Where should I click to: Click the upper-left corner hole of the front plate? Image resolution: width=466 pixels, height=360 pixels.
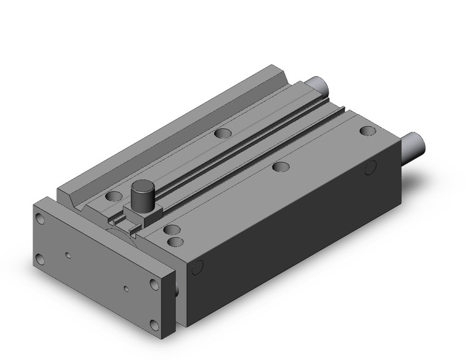(41, 220)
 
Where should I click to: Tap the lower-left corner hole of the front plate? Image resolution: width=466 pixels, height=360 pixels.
(41, 258)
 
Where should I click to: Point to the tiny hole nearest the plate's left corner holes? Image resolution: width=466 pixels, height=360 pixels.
(69, 254)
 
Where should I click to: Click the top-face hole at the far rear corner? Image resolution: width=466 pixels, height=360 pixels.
(367, 131)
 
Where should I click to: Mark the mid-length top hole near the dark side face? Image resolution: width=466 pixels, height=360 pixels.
(281, 166)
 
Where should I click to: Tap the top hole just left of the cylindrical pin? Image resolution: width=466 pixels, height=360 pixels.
(114, 197)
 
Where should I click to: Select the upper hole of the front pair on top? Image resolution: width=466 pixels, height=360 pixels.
(172, 230)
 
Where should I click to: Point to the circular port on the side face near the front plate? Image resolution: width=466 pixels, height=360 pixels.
(197, 266)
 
